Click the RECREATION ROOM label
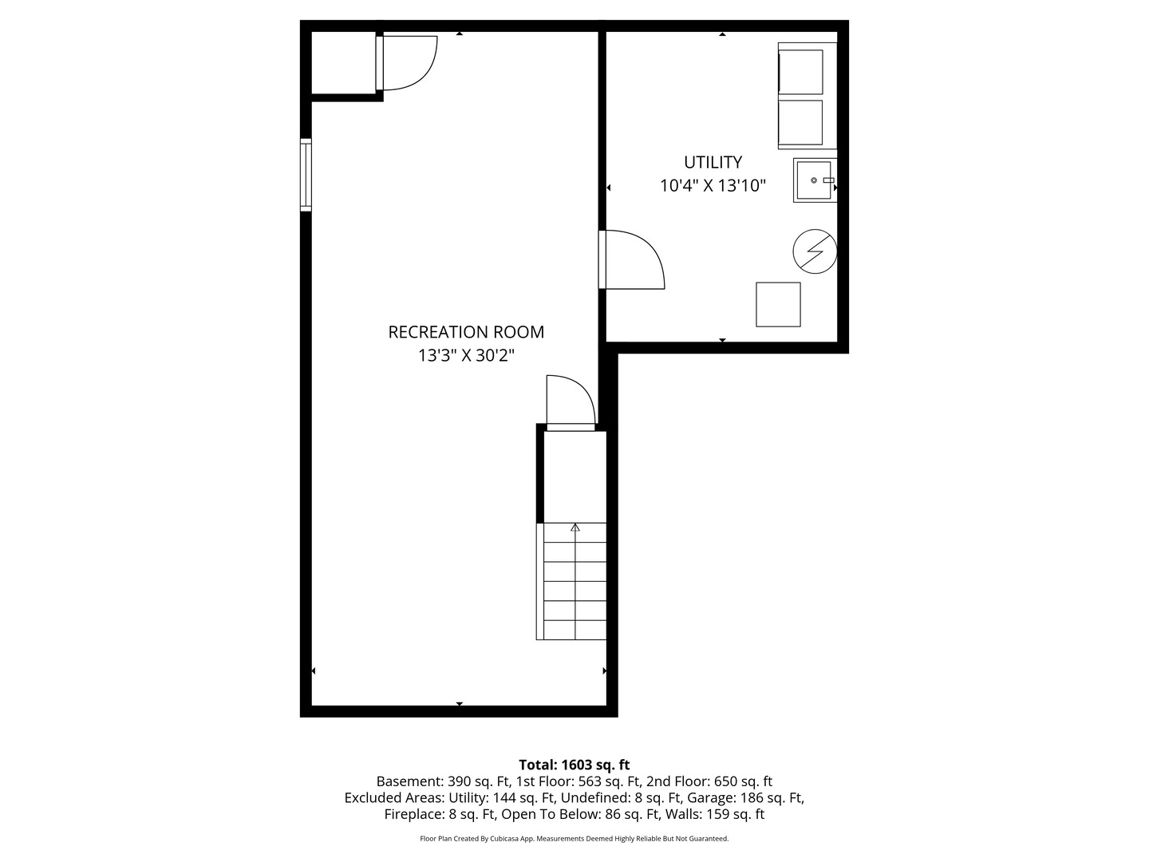(x=466, y=332)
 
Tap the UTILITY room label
(x=713, y=162)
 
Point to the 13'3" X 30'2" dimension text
(x=466, y=356)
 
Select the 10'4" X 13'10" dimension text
(x=713, y=186)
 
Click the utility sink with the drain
(x=814, y=180)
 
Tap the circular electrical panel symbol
(x=815, y=252)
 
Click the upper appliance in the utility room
(x=800, y=72)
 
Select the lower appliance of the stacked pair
(x=800, y=123)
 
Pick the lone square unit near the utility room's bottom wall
(x=778, y=304)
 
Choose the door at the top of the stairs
(x=570, y=403)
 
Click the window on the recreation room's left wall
(x=306, y=175)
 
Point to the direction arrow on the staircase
(x=574, y=528)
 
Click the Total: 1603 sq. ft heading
(x=574, y=765)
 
